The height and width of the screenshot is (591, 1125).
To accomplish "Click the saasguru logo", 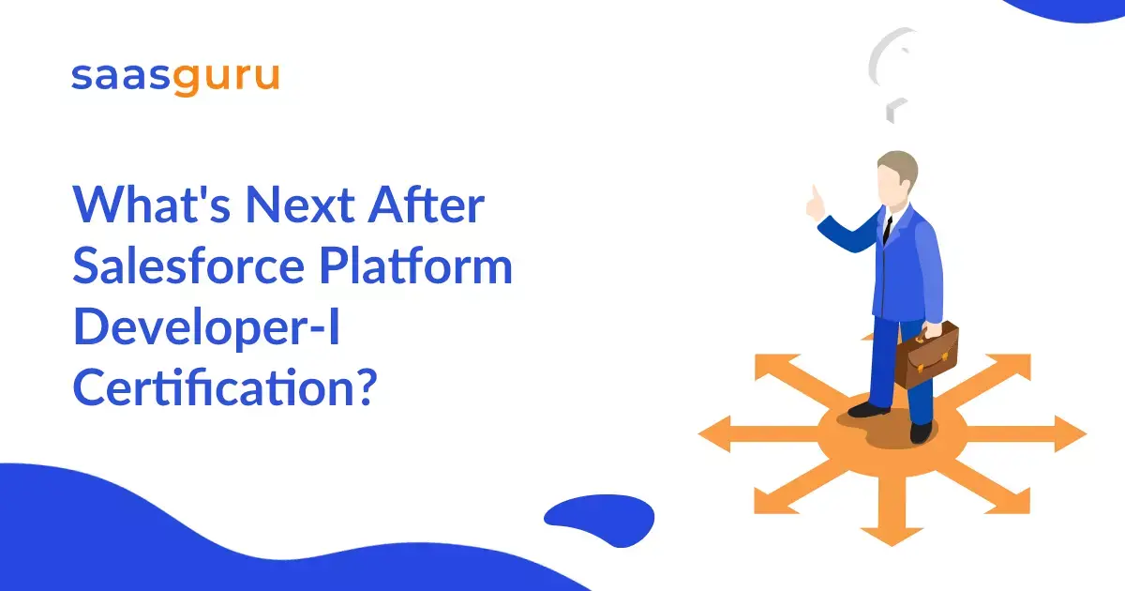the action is pyautogui.click(x=175, y=79).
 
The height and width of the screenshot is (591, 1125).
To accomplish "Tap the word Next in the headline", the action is pyautogui.click(x=300, y=205).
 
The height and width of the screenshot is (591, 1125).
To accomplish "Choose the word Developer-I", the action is pyautogui.click(x=207, y=328).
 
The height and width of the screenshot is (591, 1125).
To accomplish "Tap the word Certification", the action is pyautogui.click(x=224, y=386).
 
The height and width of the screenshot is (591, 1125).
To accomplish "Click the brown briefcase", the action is pyautogui.click(x=926, y=356).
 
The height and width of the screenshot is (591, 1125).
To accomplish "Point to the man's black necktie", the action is pyautogui.click(x=888, y=230).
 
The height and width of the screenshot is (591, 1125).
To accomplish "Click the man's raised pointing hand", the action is pyautogui.click(x=815, y=204).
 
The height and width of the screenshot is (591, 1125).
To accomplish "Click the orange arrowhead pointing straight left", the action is pyautogui.click(x=714, y=433).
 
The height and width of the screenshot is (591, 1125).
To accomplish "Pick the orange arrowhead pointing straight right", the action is pyautogui.click(x=1071, y=433).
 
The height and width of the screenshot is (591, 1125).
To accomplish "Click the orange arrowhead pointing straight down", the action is pyautogui.click(x=892, y=536).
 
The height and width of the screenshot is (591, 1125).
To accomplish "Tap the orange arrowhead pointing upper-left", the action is pyautogui.click(x=773, y=366).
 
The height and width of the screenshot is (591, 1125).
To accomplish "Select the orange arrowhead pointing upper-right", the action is pyautogui.click(x=1011, y=366).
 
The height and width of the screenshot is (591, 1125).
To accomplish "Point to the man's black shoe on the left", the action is pyautogui.click(x=868, y=410).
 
